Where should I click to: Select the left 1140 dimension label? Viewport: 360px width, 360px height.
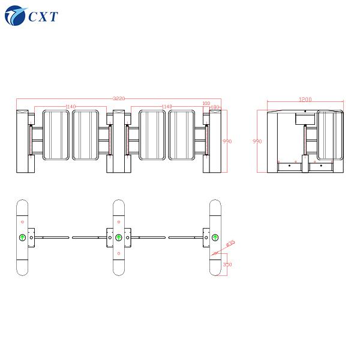pyautogui.click(x=70, y=106)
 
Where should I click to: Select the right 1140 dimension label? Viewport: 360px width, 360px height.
pyautogui.click(x=167, y=106)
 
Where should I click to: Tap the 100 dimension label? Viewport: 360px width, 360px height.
pyautogui.click(x=206, y=103)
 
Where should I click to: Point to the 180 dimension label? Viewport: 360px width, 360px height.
pyautogui.click(x=215, y=108)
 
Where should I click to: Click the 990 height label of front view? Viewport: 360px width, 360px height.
pyautogui.click(x=227, y=141)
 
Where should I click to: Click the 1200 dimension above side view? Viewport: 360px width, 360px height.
pyautogui.click(x=305, y=100)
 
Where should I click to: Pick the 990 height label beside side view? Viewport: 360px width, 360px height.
pyautogui.click(x=257, y=142)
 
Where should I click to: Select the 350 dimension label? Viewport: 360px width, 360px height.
pyautogui.click(x=227, y=264)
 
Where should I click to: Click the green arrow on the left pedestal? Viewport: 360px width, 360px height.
pyautogui.click(x=22, y=238)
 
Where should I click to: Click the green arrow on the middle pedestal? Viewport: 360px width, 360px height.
pyautogui.click(x=119, y=238)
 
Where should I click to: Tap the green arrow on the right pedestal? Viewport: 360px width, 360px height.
pyautogui.click(x=215, y=238)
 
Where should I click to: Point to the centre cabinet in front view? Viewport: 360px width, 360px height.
pyautogui.click(x=118, y=141)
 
